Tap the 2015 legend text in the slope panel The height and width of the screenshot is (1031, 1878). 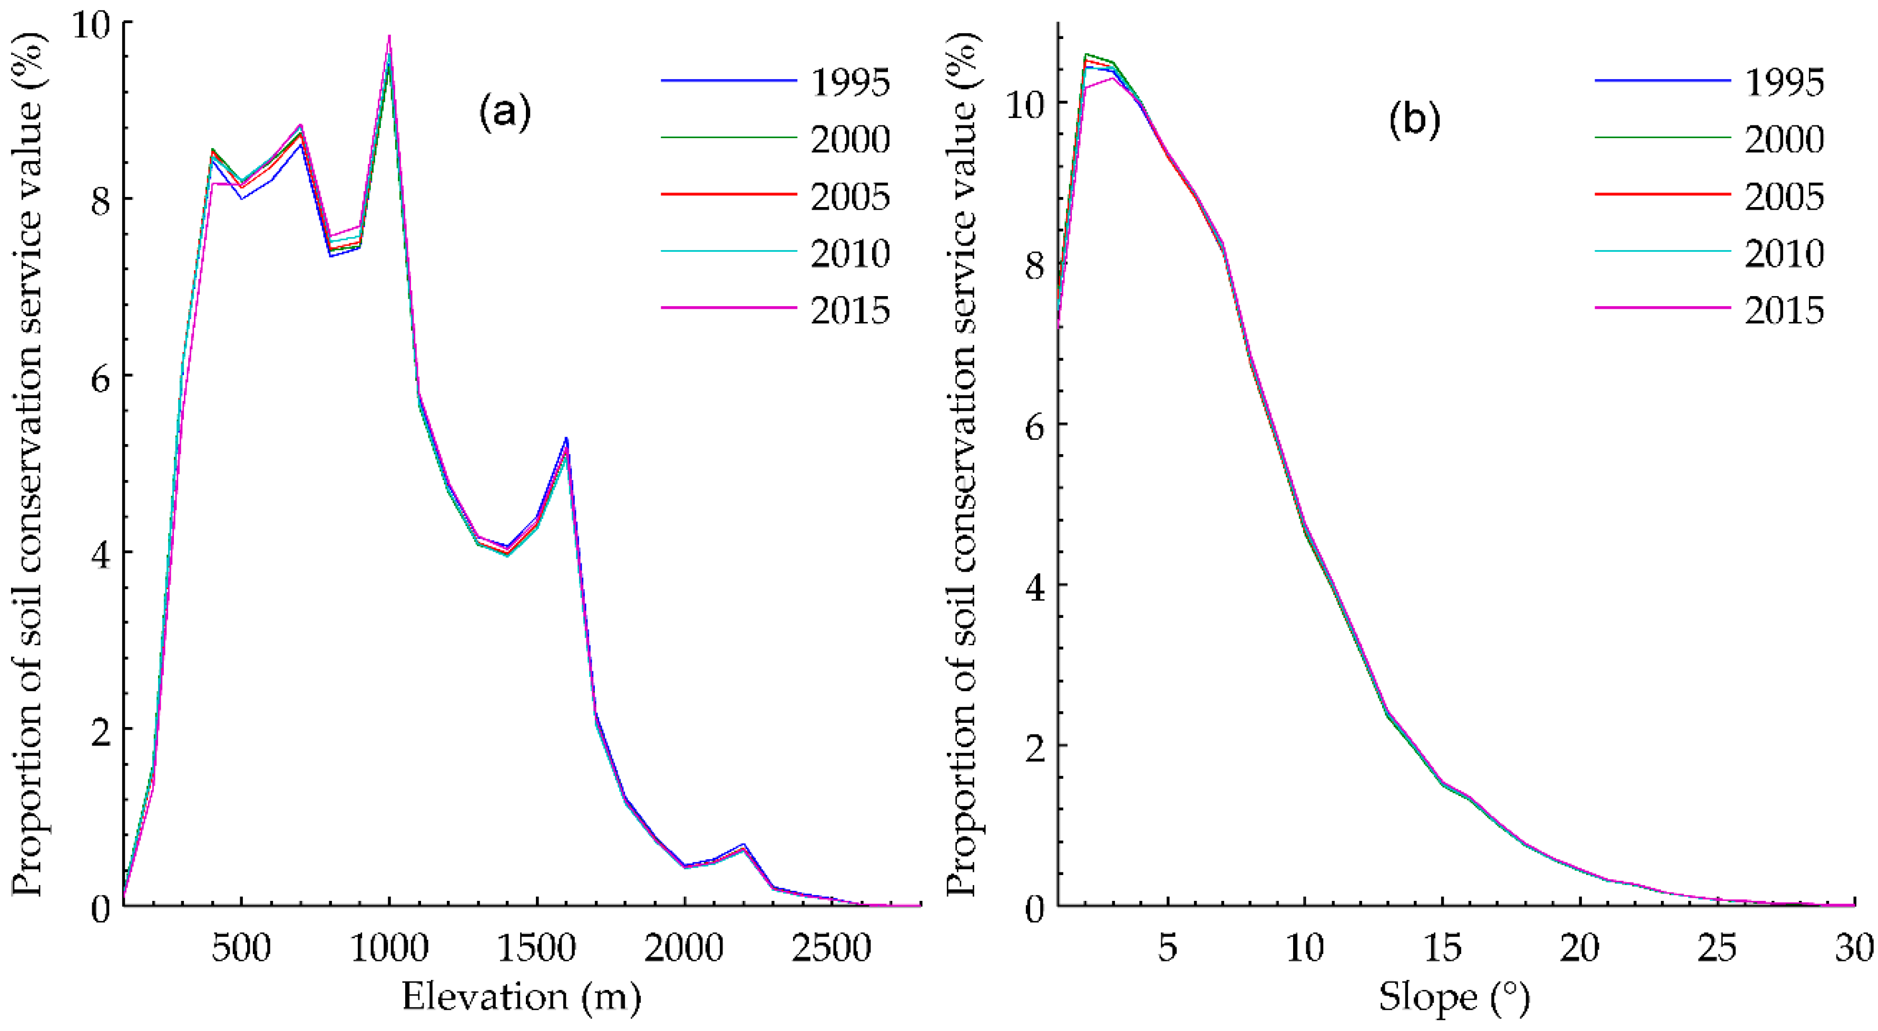[x=1784, y=311]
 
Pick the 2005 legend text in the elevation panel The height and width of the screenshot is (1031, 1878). [x=850, y=197]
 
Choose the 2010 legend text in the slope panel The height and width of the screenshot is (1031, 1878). [x=1784, y=254]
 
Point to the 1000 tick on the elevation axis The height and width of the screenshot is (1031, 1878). [x=389, y=947]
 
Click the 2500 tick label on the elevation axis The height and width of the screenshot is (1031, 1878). [x=832, y=947]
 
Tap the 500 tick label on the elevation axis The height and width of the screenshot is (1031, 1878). [x=241, y=947]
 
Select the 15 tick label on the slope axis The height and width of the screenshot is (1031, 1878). [x=1442, y=947]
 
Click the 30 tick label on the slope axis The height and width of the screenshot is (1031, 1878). [x=1855, y=947]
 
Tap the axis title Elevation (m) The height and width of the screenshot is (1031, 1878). [x=521, y=997]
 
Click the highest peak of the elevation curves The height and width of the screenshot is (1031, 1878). [x=389, y=36]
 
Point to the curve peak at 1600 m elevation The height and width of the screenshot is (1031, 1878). [x=566, y=440]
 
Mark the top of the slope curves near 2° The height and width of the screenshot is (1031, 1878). [x=1086, y=55]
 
